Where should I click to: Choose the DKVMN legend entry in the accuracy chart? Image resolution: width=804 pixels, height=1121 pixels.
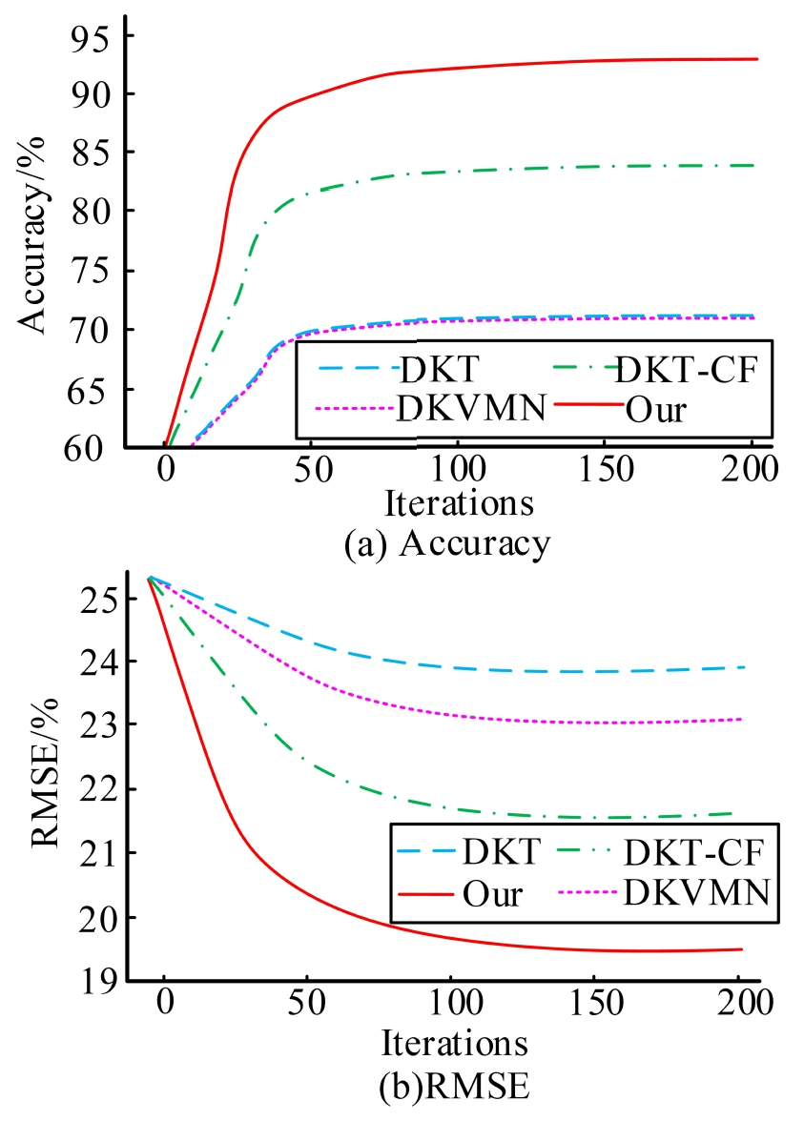[x=471, y=409]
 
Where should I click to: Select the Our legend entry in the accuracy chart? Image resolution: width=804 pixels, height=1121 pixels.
[x=658, y=410]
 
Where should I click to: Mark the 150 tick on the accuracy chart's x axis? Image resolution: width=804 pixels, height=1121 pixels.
[x=603, y=469]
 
